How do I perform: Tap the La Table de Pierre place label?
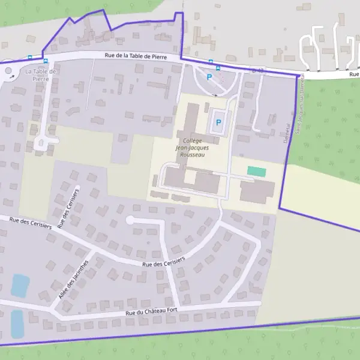(41, 75)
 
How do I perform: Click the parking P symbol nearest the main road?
(209, 77)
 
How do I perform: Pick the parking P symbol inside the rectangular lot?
(218, 122)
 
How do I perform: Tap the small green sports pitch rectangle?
(256, 172)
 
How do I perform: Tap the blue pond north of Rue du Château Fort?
(20, 286)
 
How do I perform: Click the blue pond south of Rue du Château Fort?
(17, 323)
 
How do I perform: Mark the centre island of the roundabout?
(8, 74)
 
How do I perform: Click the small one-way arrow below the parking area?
(215, 95)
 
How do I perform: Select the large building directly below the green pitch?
(257, 191)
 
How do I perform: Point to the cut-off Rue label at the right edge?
(354, 74)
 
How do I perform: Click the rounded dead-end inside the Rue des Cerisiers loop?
(130, 220)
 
